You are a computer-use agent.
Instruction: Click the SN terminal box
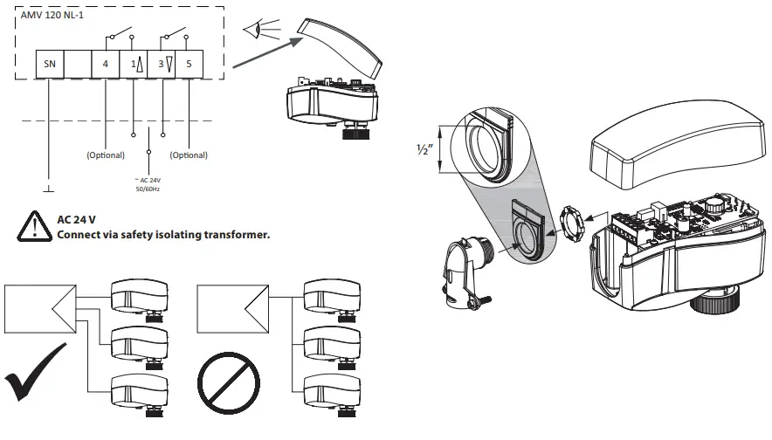pyautogui.click(x=50, y=65)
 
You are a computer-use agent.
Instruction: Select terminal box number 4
pyautogui.click(x=106, y=65)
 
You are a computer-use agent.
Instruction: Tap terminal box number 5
pyautogui.click(x=190, y=65)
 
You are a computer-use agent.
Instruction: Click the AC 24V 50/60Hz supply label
pyautogui.click(x=149, y=185)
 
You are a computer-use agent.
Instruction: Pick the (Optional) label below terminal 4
pyautogui.click(x=106, y=155)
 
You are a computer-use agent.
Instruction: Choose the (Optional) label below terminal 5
pyautogui.click(x=190, y=155)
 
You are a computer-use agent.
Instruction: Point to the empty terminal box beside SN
pyautogui.click(x=78, y=65)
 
